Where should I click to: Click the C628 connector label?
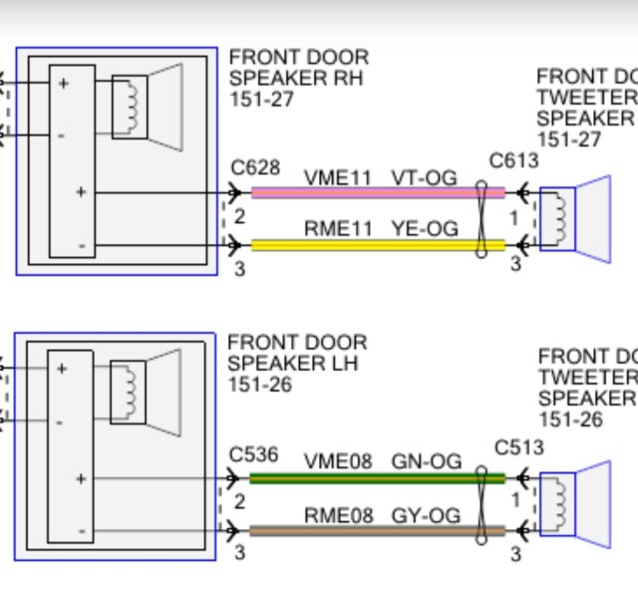coord(255,167)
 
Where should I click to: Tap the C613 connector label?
coord(514,160)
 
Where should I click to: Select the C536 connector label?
coord(253,454)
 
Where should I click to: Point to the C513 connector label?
coord(519,447)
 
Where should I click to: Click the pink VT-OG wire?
coord(378,192)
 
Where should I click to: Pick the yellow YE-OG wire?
coord(378,245)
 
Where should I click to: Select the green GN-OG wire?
coord(377,478)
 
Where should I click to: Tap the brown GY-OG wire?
coord(377,531)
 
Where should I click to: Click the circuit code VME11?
coord(338,177)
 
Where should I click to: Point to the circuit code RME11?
coord(338,228)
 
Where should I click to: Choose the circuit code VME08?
coord(338,461)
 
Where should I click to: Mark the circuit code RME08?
coord(339,516)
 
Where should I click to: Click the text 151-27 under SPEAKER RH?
coord(261,99)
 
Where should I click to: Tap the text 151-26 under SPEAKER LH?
coord(260,385)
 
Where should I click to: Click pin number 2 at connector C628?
coord(239,217)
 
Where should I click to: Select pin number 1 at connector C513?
coord(515,500)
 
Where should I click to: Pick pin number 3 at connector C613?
coord(515,263)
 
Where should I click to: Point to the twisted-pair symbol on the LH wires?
coord(480,505)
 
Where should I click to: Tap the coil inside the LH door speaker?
coord(131,391)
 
